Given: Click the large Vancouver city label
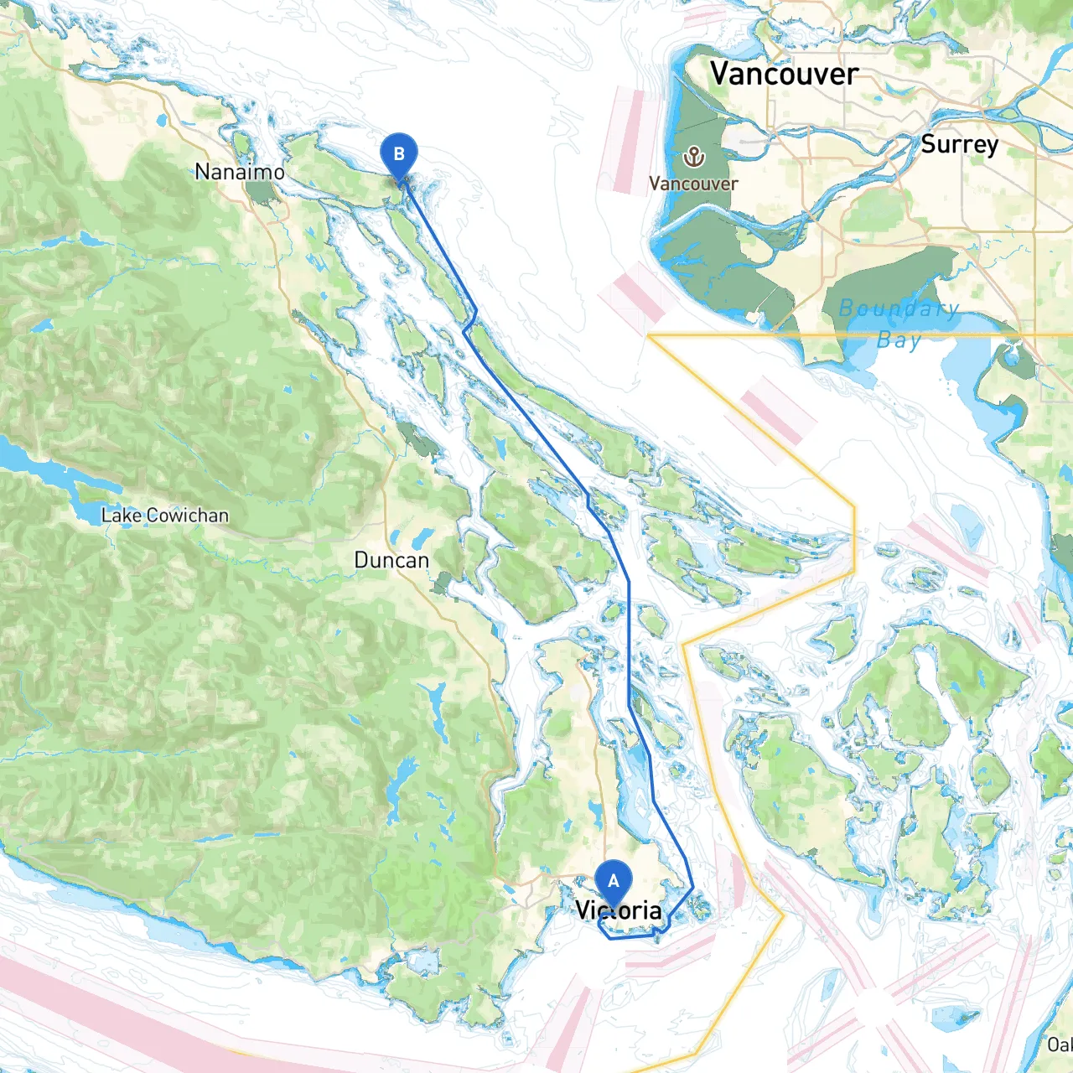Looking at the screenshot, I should point(784,74).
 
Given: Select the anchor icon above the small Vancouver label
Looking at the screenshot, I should point(693,156).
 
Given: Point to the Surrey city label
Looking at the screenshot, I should point(959,144).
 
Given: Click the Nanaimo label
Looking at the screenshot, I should point(240,172).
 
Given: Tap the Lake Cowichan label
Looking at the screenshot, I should point(164,516).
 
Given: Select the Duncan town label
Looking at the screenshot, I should point(391,560).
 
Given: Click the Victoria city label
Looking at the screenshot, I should point(619,910).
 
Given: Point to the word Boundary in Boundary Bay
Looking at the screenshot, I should point(899,308).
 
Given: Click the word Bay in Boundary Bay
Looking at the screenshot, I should point(899,340).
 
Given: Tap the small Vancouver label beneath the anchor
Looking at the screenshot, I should point(693,184).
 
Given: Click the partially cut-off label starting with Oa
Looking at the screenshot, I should point(1060,1044).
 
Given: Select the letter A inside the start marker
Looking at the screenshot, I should point(614,881).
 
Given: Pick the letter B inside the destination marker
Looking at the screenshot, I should point(399,153).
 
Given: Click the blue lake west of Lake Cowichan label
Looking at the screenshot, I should point(34,465).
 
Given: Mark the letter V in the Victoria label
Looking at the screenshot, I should point(583,910).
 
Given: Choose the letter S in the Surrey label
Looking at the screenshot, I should point(928,144).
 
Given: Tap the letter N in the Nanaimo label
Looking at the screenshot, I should point(202,172).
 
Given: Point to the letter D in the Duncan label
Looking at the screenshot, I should point(361,560).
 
